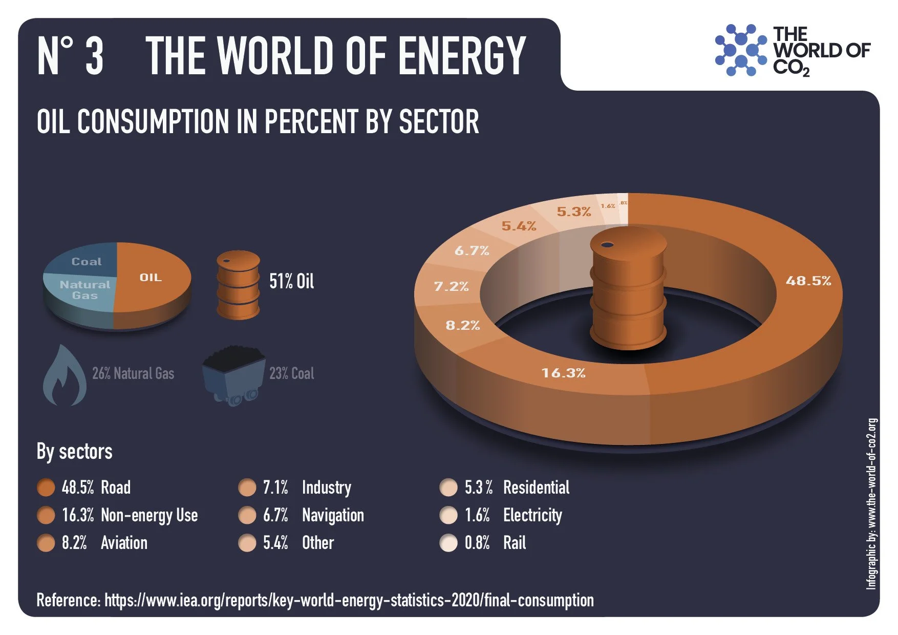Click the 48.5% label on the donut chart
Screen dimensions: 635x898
[x=808, y=281]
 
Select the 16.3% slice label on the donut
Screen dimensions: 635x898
[x=563, y=373]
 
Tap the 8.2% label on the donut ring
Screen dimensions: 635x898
[x=462, y=325]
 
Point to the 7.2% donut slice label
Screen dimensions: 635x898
[x=451, y=286]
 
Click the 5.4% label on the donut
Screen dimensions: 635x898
[x=519, y=226]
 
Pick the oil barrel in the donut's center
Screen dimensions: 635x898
[x=628, y=289]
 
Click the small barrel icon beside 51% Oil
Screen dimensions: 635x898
[x=238, y=284]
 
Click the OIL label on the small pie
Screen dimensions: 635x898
[x=151, y=278]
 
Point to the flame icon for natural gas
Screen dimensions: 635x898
[x=65, y=376]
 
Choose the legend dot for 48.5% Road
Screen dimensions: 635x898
[x=46, y=488]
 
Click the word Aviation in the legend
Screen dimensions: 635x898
[x=124, y=543]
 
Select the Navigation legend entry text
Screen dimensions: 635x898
[x=333, y=515]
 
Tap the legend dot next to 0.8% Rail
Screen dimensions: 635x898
[x=448, y=543]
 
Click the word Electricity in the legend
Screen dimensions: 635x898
[x=532, y=515]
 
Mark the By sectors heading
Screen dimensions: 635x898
[x=75, y=452]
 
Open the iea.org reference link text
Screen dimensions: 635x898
[x=349, y=600]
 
